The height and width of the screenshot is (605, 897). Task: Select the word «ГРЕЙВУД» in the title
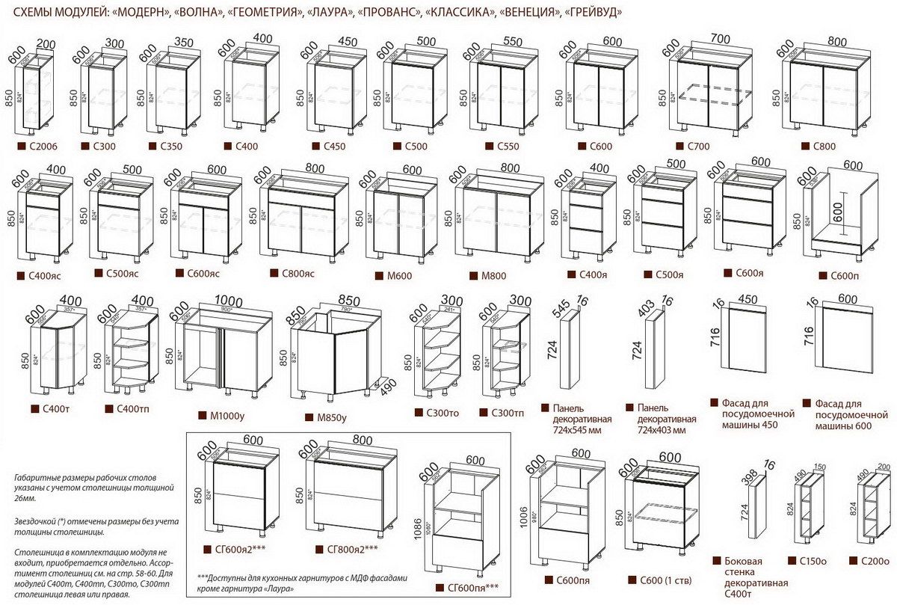pyautogui.click(x=594, y=13)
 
